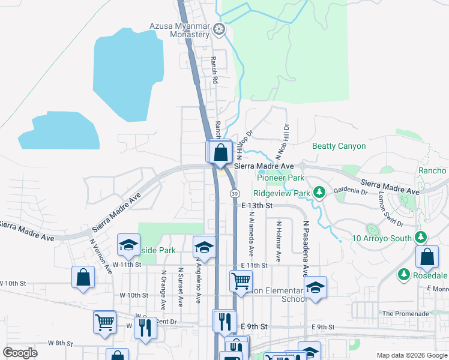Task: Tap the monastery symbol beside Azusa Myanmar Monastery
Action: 220,28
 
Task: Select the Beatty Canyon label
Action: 339,146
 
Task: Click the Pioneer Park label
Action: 280,178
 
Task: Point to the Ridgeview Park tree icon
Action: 320,193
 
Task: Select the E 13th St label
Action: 257,205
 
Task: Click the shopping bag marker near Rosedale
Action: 426,257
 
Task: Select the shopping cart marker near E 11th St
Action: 241,280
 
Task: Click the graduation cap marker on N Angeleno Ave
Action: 204,247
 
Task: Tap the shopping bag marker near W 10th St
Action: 83,277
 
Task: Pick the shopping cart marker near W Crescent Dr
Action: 104,322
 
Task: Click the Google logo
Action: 20,353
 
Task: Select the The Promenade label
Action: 405,314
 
